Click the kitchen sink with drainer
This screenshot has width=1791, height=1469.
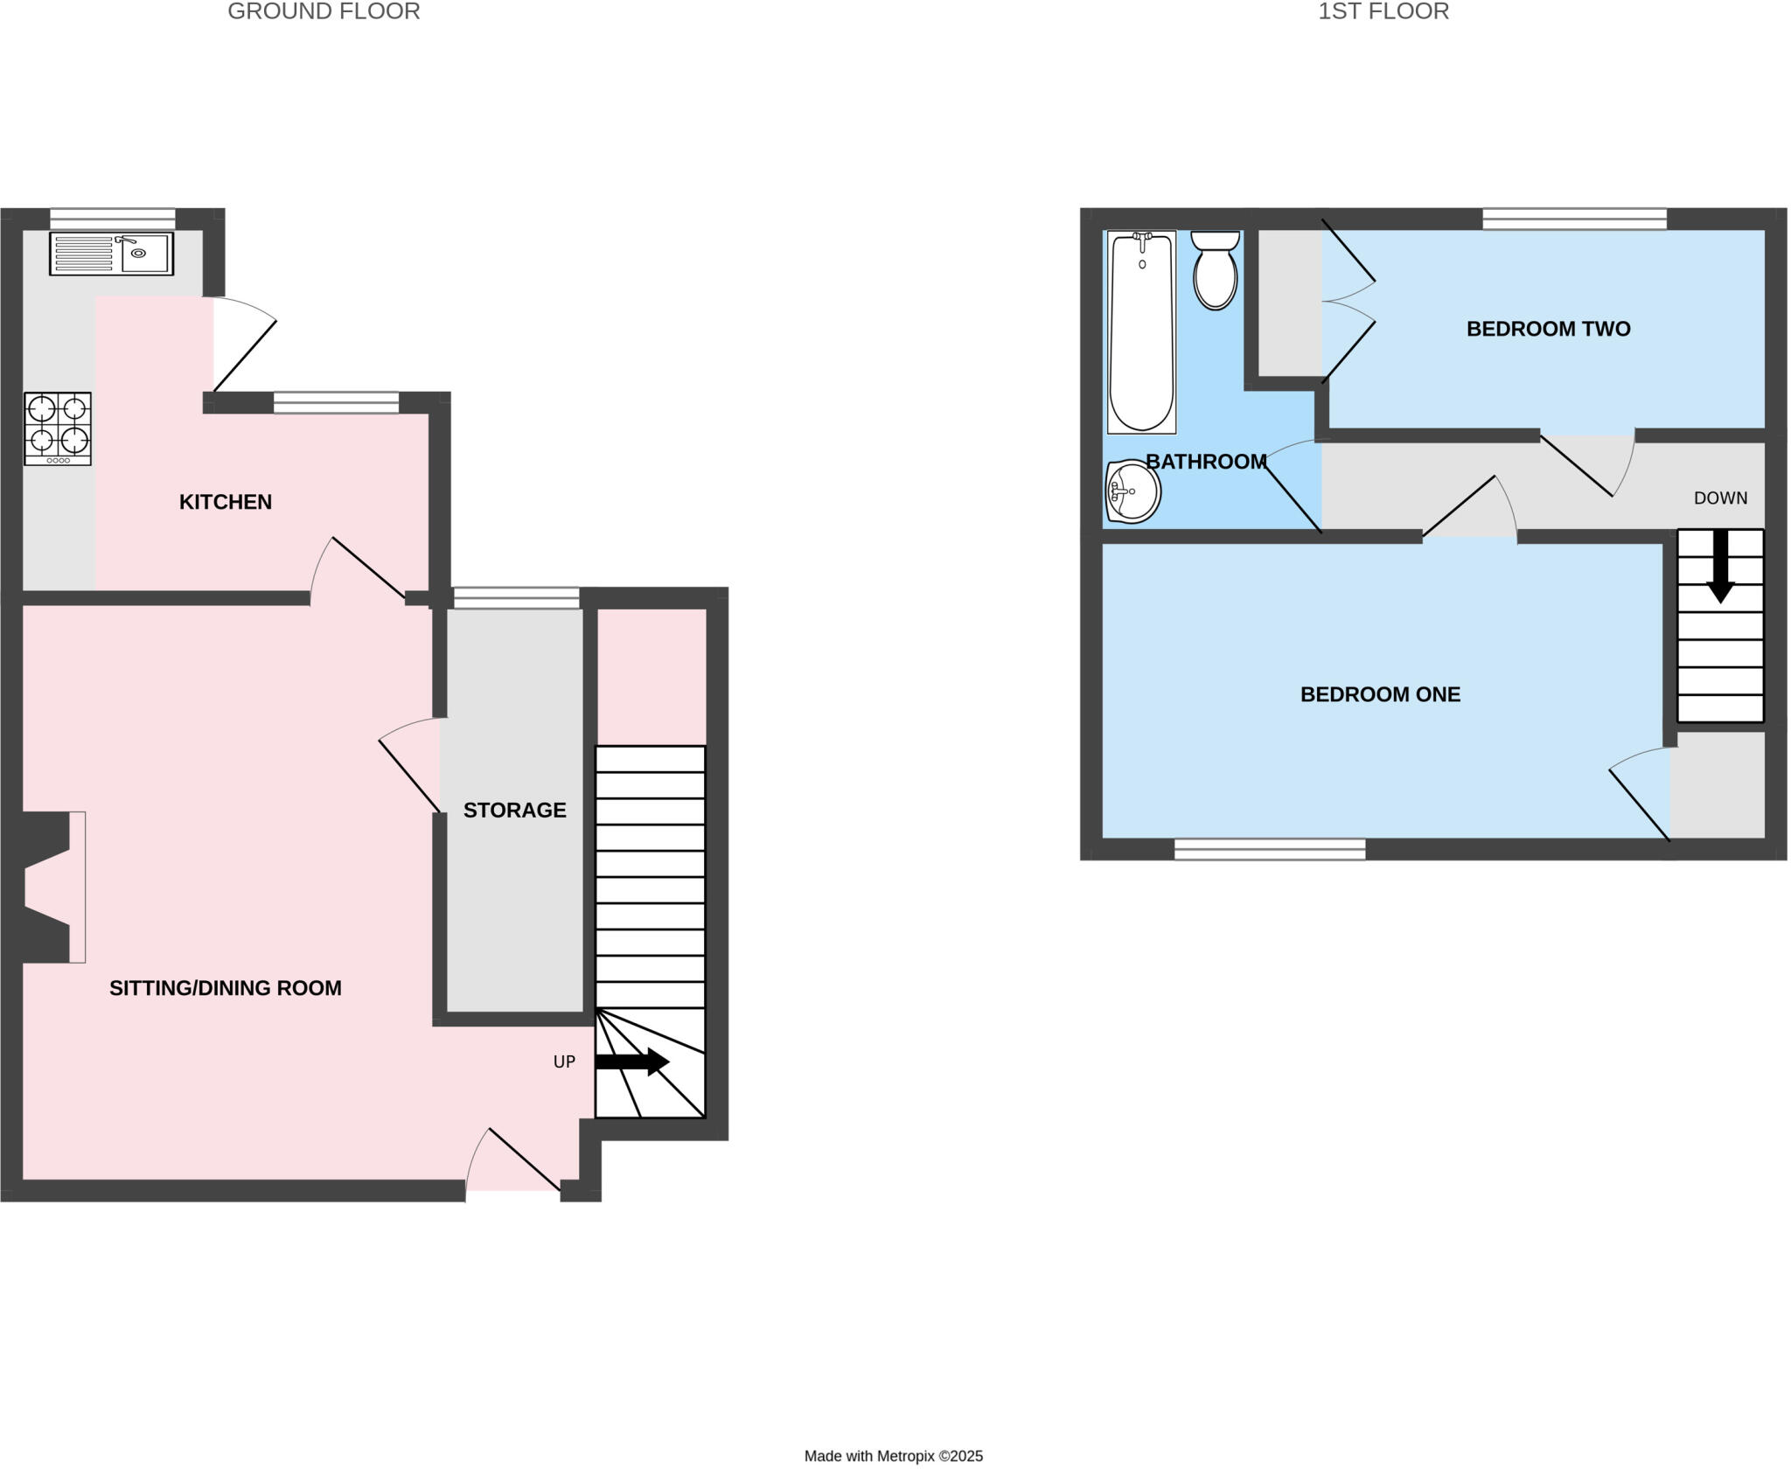click(111, 254)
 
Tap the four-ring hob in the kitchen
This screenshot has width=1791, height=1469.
click(58, 428)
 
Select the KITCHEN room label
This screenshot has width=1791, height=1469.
click(226, 502)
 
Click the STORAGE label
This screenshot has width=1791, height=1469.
click(514, 811)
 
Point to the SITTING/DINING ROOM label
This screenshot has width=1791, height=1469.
click(225, 988)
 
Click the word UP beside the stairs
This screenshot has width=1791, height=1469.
click(564, 1062)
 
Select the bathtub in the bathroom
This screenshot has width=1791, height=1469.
click(1141, 332)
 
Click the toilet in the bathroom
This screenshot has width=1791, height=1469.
click(1216, 269)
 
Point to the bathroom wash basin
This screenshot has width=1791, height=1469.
click(1132, 491)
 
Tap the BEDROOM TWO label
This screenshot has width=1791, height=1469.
click(1548, 329)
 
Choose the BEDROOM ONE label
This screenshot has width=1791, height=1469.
click(1380, 694)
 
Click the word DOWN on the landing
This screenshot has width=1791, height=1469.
click(1720, 498)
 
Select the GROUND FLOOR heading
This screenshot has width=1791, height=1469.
click(324, 11)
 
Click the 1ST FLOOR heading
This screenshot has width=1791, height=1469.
click(1383, 11)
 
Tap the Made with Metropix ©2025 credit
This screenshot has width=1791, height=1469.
click(893, 1456)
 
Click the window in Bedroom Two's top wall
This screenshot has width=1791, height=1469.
click(1574, 218)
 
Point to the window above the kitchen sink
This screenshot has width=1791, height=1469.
click(113, 218)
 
